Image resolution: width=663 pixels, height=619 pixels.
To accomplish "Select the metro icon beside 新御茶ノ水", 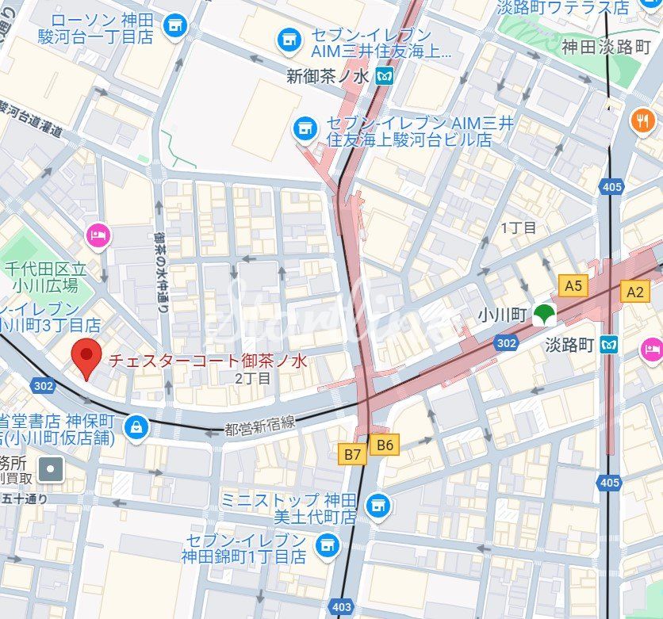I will tap(385, 77).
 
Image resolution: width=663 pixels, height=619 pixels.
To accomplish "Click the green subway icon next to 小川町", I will tap(543, 315).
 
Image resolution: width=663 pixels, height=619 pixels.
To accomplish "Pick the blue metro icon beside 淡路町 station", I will tap(609, 345).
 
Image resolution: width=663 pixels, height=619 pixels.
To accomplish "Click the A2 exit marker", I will tap(635, 292).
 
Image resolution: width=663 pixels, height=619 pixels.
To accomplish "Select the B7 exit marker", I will tap(353, 454).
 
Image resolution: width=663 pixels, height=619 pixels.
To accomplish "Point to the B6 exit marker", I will tap(385, 445).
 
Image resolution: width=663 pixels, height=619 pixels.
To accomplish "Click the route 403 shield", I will tap(341, 607).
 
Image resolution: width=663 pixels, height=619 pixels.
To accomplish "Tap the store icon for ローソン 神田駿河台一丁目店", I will tap(173, 26).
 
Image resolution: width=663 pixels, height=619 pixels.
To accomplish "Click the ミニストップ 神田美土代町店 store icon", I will tap(379, 504).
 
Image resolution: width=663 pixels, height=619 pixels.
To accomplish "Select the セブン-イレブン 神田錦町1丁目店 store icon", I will tap(325, 545).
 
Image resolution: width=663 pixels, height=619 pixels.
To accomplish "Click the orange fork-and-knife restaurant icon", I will tap(642, 121).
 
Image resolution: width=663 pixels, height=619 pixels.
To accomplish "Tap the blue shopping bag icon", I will tap(137, 427).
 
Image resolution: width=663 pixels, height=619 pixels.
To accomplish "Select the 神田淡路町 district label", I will tap(606, 46).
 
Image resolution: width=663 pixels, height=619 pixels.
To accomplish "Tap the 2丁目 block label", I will tap(253, 379).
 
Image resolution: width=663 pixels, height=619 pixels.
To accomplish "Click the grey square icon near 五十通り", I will tap(52, 469).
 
